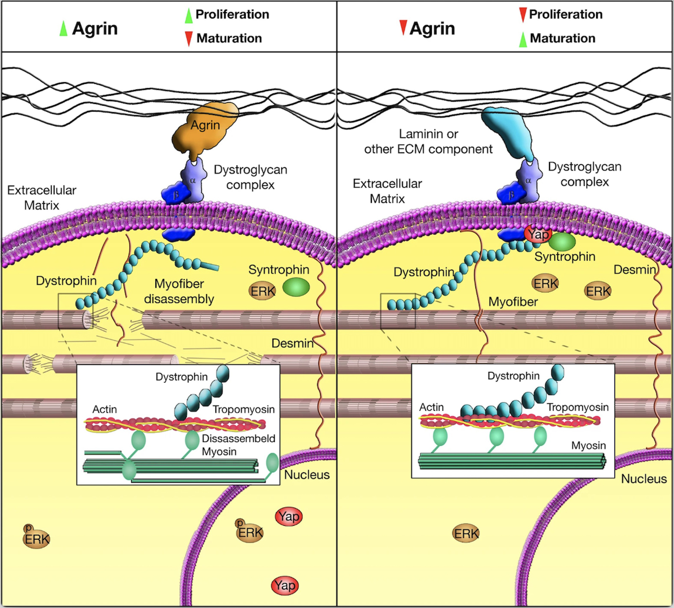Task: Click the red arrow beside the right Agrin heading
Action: coord(403,27)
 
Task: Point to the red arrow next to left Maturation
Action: coord(189,38)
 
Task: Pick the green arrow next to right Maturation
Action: coord(523,39)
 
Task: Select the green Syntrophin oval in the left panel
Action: coord(296,287)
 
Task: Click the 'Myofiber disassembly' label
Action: coord(179,291)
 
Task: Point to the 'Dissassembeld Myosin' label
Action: coord(238,445)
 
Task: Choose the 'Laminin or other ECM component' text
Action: coord(428,142)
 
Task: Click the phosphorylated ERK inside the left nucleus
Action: coord(249,532)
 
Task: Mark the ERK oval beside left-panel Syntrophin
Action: coord(262,291)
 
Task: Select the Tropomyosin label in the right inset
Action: coord(578,407)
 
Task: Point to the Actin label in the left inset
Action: coord(104,409)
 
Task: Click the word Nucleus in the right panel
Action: coord(644,479)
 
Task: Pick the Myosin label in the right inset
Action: coord(588,445)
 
